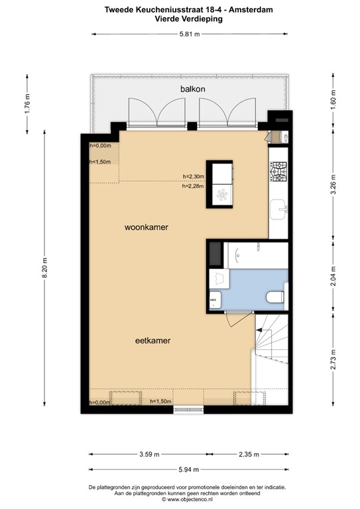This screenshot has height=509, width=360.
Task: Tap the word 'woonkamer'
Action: coord(146,227)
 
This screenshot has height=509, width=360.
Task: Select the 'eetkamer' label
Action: coord(152,341)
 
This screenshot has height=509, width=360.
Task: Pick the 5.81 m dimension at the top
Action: coord(191,34)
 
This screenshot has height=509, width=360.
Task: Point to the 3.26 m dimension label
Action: coord(333,182)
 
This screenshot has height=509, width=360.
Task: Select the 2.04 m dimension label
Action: coord(333,274)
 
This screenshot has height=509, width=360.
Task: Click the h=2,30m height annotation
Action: coord(194,176)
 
